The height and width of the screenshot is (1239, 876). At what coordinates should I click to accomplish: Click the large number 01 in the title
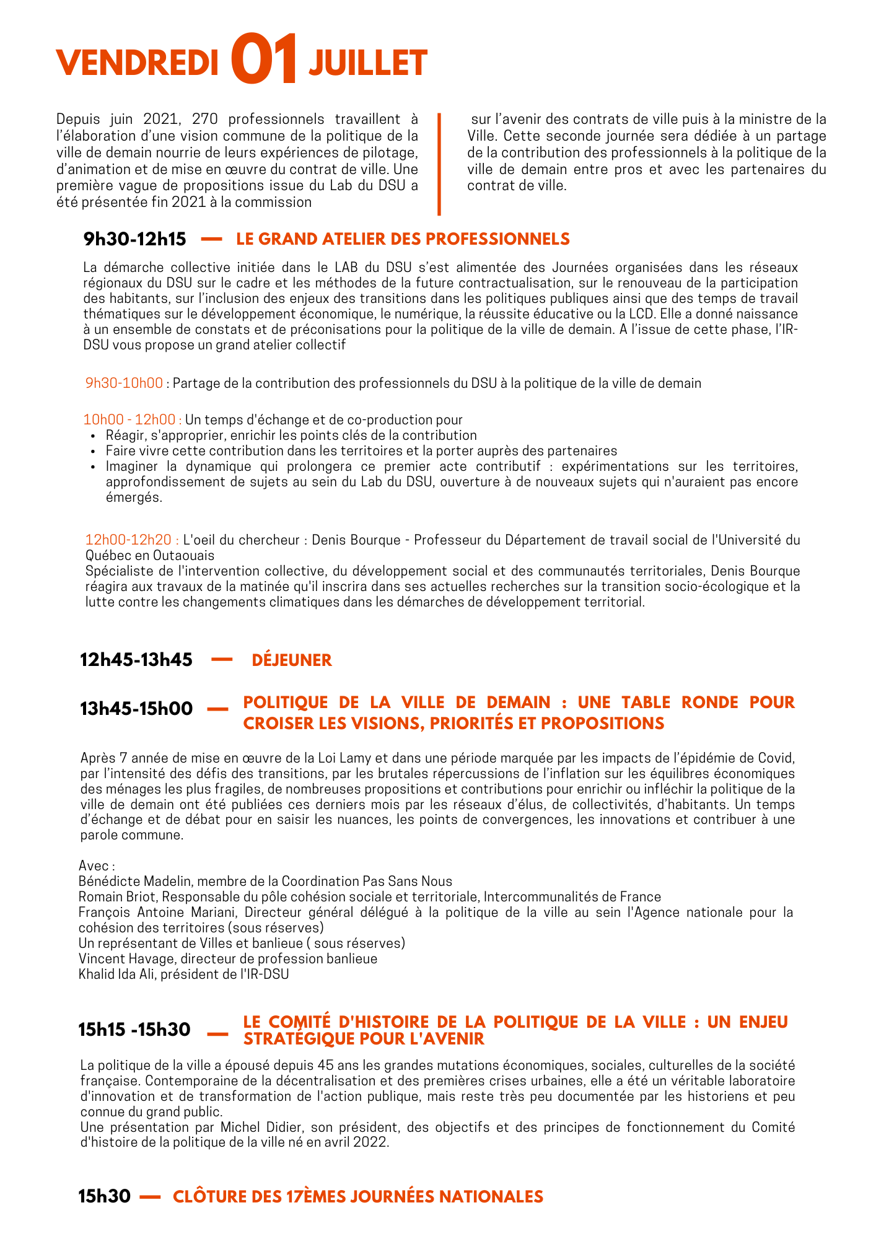coord(264,60)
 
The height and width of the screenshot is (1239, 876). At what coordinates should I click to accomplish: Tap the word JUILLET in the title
coord(368,63)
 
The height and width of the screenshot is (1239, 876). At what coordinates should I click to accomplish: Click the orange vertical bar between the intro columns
coord(439,164)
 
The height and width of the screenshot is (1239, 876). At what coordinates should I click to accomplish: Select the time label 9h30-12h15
coord(134,239)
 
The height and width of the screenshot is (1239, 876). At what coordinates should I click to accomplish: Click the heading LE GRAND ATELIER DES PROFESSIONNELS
coord(403,239)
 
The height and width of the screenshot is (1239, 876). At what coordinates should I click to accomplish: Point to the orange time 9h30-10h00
coord(124,383)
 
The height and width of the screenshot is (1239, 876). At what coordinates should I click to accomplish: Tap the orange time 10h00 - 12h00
coord(132,420)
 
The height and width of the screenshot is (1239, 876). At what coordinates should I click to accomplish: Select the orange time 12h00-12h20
coord(132,540)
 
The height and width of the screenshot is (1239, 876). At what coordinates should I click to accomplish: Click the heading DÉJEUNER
coord(292,660)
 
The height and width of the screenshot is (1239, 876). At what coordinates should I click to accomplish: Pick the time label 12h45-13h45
coord(136,660)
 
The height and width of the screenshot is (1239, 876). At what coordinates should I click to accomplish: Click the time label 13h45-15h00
coord(136,708)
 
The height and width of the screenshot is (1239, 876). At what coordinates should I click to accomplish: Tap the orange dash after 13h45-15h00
coord(217,709)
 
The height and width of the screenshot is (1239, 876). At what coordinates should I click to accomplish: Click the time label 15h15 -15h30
coord(134,1030)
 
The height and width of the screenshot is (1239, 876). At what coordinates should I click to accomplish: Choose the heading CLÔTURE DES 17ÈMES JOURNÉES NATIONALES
coord(357,1196)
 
